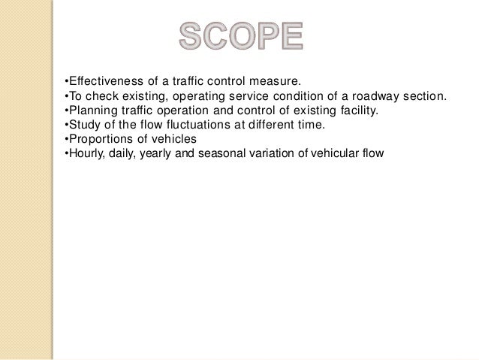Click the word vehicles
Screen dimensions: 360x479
pyautogui.click(x=172, y=140)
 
